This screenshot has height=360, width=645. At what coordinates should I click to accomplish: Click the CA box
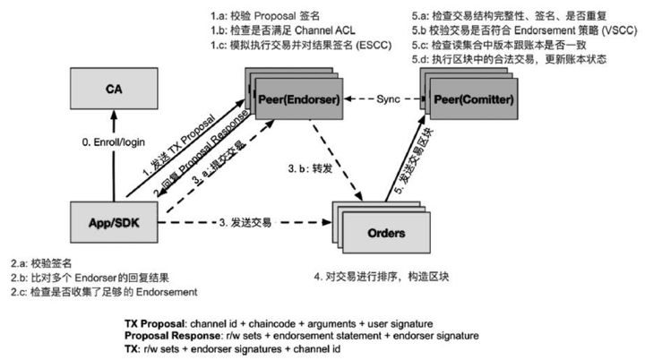coord(114,89)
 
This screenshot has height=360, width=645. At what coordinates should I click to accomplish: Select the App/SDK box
coord(114,222)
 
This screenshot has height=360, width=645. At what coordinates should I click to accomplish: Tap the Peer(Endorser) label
coord(299,99)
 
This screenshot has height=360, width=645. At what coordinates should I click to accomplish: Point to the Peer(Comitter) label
coord(474,99)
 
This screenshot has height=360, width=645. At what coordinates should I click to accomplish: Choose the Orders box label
coord(386,233)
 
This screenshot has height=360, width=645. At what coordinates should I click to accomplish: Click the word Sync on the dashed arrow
coord(388,99)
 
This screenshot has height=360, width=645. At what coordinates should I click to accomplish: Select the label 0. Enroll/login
coord(114,142)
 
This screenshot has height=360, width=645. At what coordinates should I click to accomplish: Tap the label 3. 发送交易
coord(245,223)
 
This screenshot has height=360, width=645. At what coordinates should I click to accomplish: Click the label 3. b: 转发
coord(310,168)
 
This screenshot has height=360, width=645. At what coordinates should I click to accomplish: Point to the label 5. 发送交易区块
coord(413,161)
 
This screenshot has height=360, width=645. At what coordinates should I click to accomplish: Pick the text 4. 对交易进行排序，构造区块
coord(382,277)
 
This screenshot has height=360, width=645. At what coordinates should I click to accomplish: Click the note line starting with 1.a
coord(265,16)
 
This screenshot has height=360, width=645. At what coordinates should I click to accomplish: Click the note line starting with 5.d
coord(509,59)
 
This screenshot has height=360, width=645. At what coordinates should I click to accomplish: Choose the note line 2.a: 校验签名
coord(41,263)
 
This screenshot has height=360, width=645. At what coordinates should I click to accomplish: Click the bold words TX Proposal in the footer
coord(155,324)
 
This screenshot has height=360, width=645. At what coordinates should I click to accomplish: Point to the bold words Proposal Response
coord(172,336)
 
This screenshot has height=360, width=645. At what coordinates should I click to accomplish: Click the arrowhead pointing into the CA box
coord(114,115)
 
